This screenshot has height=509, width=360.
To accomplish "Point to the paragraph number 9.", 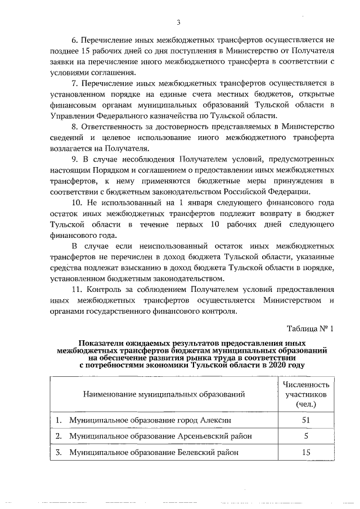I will click(74, 159).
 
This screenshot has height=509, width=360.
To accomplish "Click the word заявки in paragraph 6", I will click(62, 62).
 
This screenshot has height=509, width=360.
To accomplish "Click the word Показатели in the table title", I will click(103, 343).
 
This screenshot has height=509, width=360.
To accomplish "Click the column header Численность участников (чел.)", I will click(305, 394).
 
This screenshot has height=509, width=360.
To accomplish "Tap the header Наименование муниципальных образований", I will click(164, 394).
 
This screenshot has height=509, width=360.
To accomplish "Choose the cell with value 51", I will click(305, 420).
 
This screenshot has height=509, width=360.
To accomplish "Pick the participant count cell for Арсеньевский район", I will click(305, 436).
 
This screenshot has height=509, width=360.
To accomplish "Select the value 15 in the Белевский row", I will click(305, 452).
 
